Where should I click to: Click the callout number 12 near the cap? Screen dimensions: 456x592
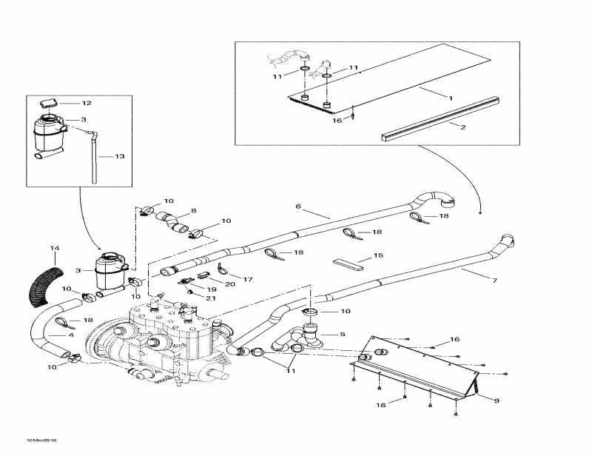[87, 103]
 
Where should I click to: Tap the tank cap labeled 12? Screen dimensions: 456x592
[50, 103]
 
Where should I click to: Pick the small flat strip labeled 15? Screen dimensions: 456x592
[347, 262]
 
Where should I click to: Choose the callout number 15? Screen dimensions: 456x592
[378, 256]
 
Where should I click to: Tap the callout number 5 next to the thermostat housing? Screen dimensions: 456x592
[343, 334]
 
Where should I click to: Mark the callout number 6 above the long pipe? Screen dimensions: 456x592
[298, 206]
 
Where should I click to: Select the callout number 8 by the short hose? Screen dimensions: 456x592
[193, 211]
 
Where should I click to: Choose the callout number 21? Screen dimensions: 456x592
[211, 298]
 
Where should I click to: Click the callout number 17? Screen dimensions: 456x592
[249, 279]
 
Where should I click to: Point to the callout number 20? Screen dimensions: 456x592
[229, 284]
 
